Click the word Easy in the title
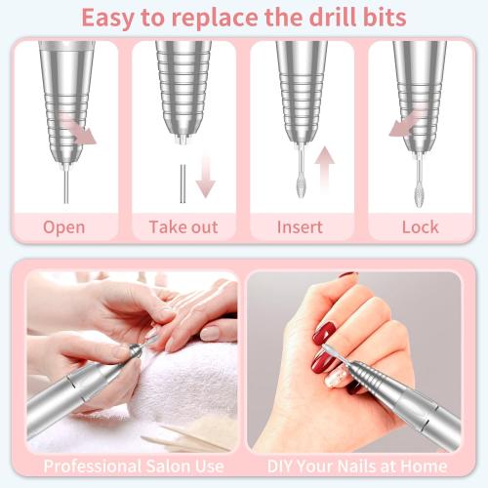pyautogui.click(x=111, y=18)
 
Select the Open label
pyautogui.click(x=63, y=227)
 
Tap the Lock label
pyautogui.click(x=420, y=227)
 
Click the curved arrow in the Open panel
pyautogui.click(x=83, y=132)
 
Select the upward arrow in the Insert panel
pyautogui.click(x=324, y=166)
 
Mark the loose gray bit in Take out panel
pyautogui.click(x=182, y=183)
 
